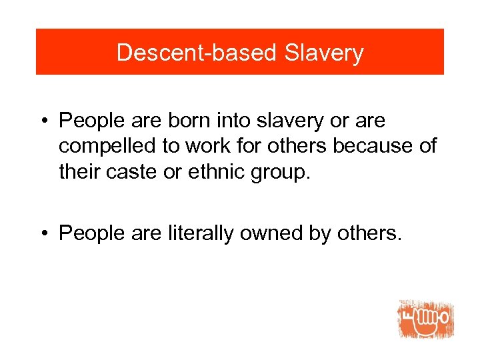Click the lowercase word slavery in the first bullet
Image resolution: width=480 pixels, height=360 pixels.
point(291,121)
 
